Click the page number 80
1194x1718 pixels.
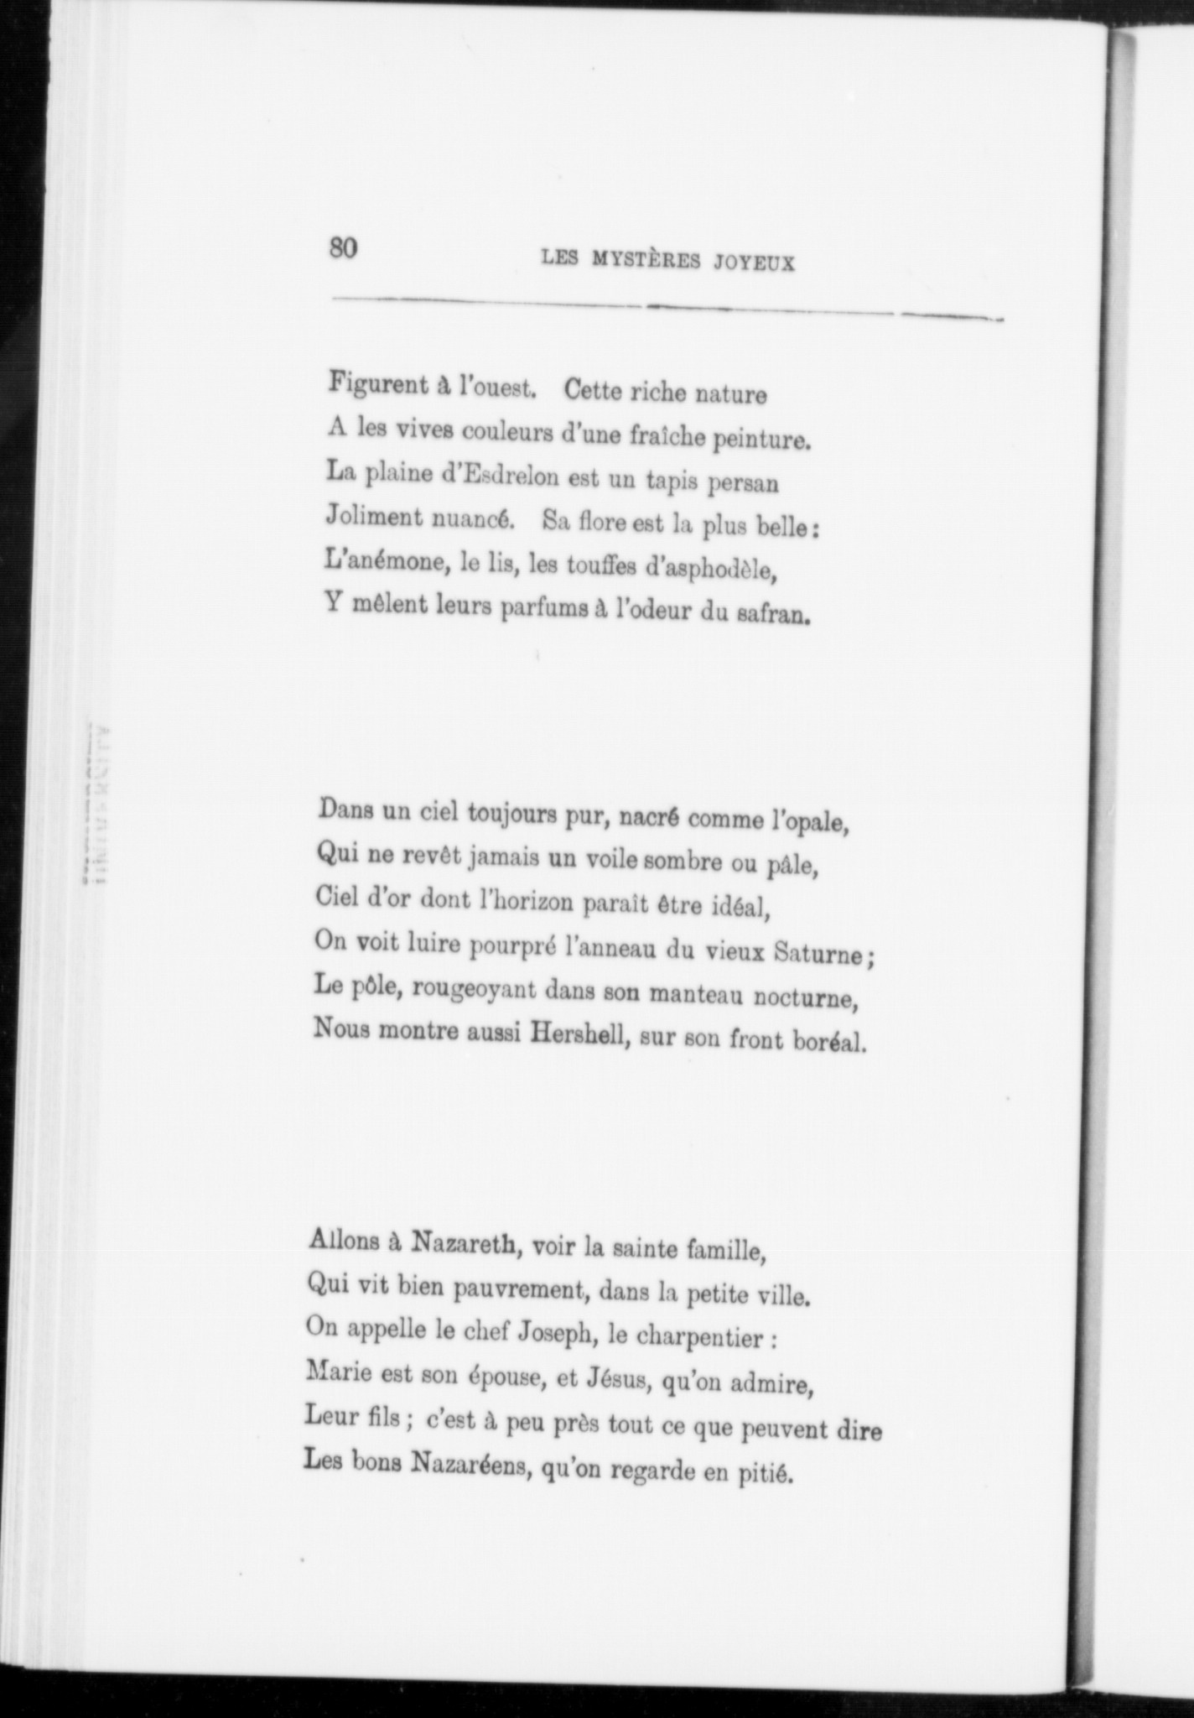(344, 249)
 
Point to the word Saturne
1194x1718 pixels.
(825, 954)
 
